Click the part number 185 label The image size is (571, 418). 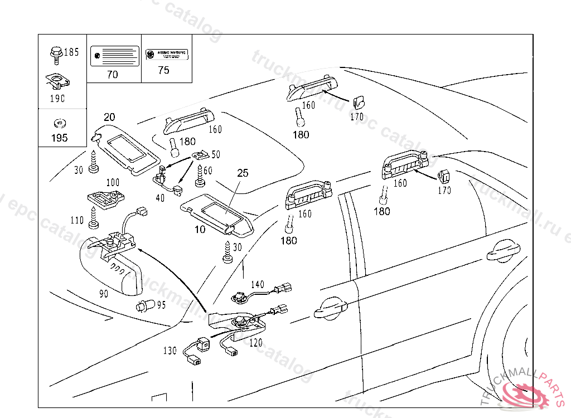(x=71, y=52)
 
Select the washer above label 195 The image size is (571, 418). (x=57, y=123)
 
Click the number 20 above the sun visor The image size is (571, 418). (x=109, y=116)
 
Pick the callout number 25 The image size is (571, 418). (x=243, y=173)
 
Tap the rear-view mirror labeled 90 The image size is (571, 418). (x=112, y=268)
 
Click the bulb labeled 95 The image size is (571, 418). (x=144, y=305)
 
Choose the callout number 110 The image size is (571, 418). (x=77, y=221)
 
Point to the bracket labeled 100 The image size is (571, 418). (x=106, y=198)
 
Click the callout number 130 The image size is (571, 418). (x=170, y=351)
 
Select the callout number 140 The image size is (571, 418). (x=257, y=285)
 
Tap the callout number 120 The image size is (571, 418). (x=255, y=343)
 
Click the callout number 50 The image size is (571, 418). (x=215, y=154)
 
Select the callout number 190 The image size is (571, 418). (x=57, y=99)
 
